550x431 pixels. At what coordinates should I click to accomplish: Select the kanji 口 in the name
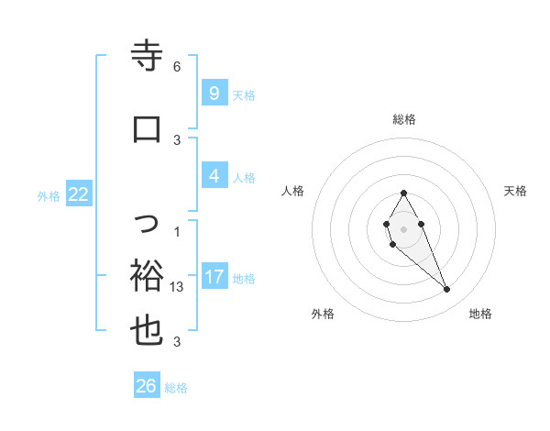coord(147,128)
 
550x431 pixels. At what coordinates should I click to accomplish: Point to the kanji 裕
coord(147,274)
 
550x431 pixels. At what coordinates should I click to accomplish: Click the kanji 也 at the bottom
coord(147,331)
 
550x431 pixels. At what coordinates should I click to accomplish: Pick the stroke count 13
coord(178,287)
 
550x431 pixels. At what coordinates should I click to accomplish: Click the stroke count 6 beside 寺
coord(177,67)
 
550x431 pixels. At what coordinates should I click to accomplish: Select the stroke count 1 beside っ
coord(177,230)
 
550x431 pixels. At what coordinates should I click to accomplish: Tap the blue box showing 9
coord(214,94)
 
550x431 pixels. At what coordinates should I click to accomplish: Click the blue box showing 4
coord(214,176)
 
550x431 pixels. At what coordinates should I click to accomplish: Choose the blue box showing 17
coord(214,277)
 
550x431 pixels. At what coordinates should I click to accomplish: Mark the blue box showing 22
coord(79,194)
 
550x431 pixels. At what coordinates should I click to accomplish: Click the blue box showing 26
coord(147,386)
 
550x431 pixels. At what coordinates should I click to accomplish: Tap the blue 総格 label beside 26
coord(176,388)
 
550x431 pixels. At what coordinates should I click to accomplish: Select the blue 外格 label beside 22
coord(49,195)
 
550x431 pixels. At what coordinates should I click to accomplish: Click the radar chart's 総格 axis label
coord(403,119)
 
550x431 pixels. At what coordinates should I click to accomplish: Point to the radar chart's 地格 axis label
coord(480,314)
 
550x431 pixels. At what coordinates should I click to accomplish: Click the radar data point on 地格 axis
coord(446,290)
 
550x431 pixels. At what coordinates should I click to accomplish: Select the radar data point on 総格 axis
coord(403,193)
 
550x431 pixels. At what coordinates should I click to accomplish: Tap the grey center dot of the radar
coord(403,229)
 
